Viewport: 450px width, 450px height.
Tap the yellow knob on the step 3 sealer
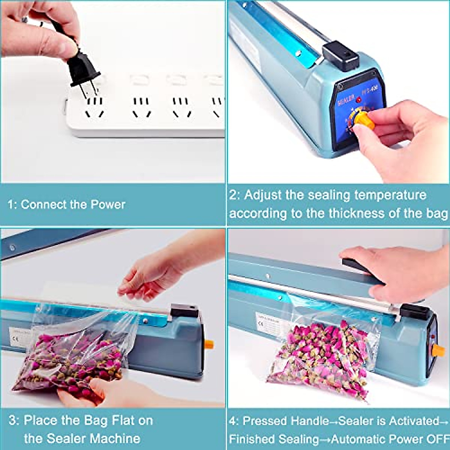coord(209,344)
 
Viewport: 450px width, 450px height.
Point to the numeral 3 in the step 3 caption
coord(13,421)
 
